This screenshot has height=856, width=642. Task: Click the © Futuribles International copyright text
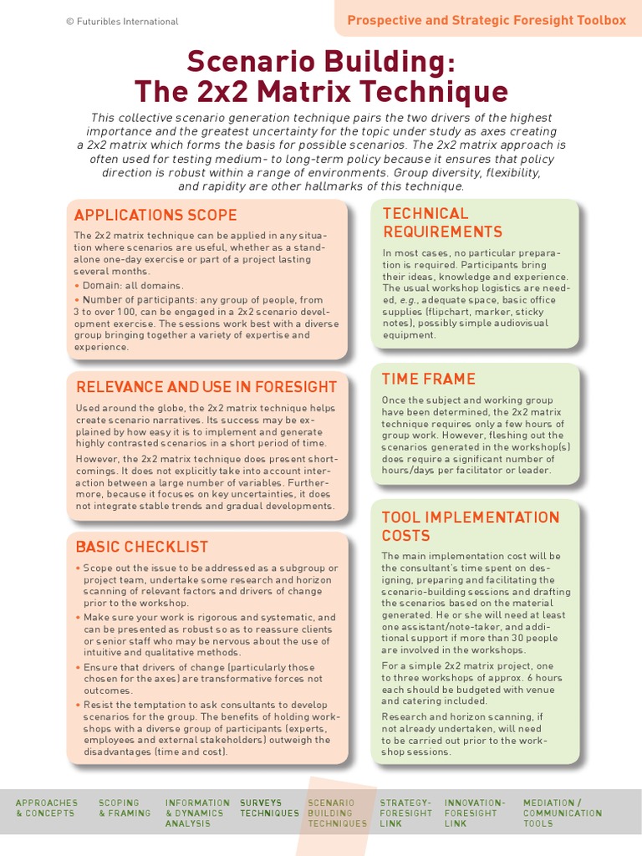122,22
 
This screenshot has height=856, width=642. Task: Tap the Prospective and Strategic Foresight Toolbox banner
486,20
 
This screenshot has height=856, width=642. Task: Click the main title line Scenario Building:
321,61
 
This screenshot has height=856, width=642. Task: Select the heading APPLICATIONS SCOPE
155,215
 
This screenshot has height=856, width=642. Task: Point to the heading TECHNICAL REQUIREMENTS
442,222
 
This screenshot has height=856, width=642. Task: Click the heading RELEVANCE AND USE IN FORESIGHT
206,386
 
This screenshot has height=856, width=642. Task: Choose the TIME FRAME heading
428,379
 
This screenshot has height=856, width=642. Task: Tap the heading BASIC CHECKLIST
141,547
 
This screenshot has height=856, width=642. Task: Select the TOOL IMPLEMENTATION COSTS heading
470,526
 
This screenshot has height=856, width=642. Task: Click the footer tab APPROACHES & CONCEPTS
47,808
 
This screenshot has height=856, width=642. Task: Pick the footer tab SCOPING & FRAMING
125,808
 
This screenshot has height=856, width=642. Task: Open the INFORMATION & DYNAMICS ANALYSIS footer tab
197,813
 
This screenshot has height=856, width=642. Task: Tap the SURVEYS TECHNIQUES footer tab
269,808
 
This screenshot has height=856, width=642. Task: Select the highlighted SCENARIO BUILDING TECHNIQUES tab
337,813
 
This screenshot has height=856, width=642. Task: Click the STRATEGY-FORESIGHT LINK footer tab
406,813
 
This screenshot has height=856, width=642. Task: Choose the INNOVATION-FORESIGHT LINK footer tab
475,813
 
